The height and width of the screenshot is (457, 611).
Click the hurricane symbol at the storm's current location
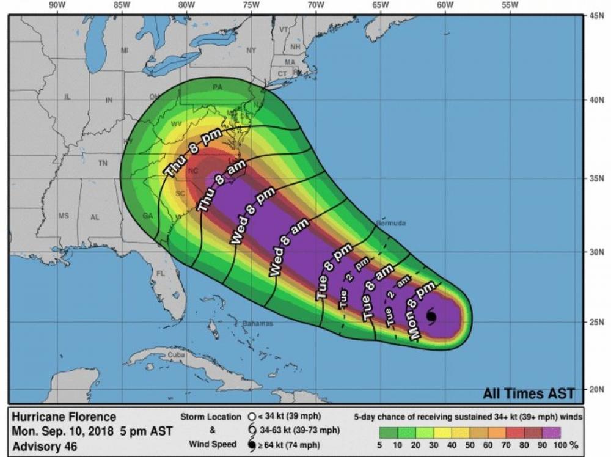[x=431, y=316]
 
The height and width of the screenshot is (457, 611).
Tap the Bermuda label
[x=390, y=223]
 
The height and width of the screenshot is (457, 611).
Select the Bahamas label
[x=257, y=323]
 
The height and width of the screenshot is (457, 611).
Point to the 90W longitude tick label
[x=56, y=5]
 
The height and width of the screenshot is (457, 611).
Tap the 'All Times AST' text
[x=529, y=392]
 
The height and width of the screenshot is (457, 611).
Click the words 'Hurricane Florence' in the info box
[x=64, y=417]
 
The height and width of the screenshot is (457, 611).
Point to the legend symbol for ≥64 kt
[x=251, y=444]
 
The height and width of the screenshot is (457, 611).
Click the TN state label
[x=103, y=164]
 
